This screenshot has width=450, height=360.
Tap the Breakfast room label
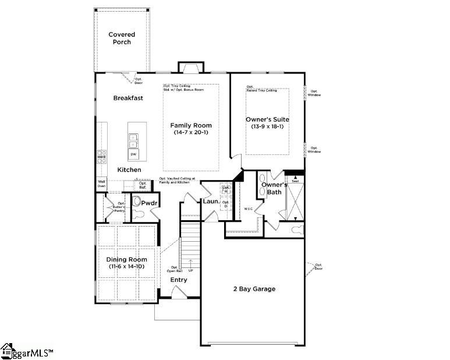[x=128, y=98]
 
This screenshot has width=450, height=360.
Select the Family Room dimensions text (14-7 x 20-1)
[x=191, y=133]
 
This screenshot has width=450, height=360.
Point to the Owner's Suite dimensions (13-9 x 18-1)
[x=267, y=127]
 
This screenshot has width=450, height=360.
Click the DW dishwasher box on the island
[x=133, y=154]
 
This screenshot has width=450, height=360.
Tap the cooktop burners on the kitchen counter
[x=101, y=156]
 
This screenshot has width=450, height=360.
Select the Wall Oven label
[x=102, y=183]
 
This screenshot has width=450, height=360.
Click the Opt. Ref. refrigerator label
[x=143, y=185]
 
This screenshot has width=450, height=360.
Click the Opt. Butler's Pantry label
[x=119, y=207]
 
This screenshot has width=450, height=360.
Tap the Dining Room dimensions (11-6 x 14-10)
[x=126, y=266]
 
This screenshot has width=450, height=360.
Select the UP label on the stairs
[x=190, y=270]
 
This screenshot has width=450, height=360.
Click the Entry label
[x=179, y=280]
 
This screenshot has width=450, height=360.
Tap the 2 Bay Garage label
[x=254, y=289]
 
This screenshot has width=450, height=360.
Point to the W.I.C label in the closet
[x=248, y=208]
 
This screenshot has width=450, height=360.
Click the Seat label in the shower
[x=295, y=181]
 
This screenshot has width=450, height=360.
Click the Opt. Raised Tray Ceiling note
[x=261, y=89]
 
